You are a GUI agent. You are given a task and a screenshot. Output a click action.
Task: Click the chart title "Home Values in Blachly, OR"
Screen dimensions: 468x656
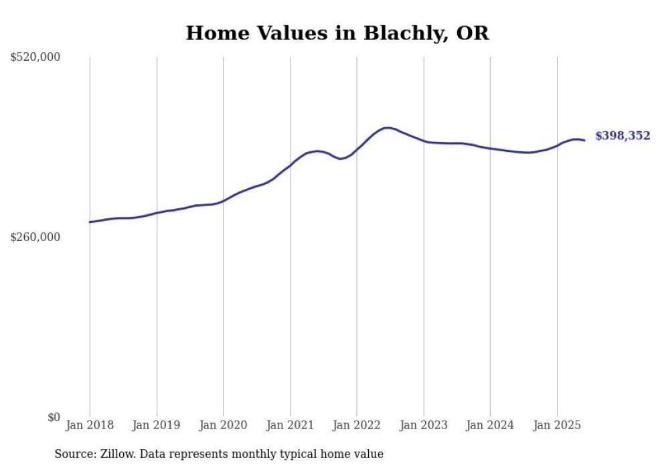point(337,33)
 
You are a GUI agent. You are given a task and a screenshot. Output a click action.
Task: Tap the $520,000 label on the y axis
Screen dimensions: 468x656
point(35,58)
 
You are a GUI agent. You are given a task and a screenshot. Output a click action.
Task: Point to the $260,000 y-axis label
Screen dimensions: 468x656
point(35,237)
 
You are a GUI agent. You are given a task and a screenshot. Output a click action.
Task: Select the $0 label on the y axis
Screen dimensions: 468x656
point(54,417)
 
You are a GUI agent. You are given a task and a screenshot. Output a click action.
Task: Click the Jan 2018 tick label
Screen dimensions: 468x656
point(90,425)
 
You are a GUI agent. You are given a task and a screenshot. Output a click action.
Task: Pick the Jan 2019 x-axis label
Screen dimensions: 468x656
point(157,425)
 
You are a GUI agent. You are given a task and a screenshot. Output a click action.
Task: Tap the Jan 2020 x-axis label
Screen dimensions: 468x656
point(224,425)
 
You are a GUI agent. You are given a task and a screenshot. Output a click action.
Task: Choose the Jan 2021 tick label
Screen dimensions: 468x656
point(290,425)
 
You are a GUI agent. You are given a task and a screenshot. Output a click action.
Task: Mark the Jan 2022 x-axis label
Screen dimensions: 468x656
point(357,425)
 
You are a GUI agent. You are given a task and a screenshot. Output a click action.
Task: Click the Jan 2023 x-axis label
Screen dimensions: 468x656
point(424,425)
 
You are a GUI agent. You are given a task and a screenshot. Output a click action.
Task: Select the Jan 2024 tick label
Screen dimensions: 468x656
point(490,425)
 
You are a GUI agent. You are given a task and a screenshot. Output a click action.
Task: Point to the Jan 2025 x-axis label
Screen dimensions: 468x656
point(557,425)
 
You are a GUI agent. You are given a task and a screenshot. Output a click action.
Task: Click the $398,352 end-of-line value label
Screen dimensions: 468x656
point(623,136)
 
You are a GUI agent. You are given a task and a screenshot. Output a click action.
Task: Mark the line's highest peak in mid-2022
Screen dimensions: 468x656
point(387,127)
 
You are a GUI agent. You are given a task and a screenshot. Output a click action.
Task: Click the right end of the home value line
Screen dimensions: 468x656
point(584,140)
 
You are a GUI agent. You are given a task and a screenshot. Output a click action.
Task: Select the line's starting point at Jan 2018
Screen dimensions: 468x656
point(90,222)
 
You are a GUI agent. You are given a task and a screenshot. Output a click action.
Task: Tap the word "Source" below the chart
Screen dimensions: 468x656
point(74,455)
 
